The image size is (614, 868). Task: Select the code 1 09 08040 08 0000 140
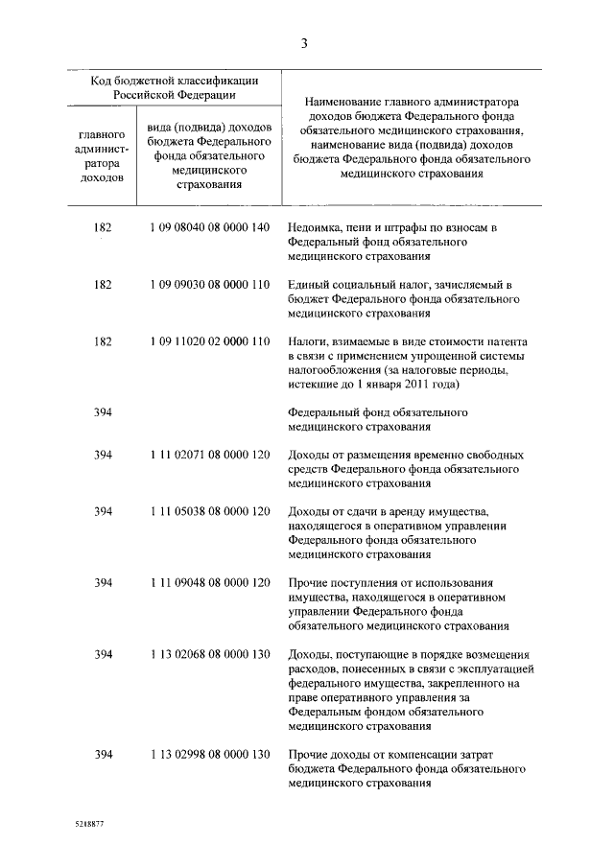[209, 228]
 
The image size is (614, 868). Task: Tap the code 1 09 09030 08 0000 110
[209, 285]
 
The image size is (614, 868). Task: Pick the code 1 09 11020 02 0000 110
[209, 341]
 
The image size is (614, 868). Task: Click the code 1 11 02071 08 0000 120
[209, 456]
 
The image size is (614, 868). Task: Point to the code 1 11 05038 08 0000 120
[209, 512]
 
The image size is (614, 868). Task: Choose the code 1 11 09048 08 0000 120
[209, 583]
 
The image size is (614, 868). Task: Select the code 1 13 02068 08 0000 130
[209, 654]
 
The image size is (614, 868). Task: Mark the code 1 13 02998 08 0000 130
[209, 754]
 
